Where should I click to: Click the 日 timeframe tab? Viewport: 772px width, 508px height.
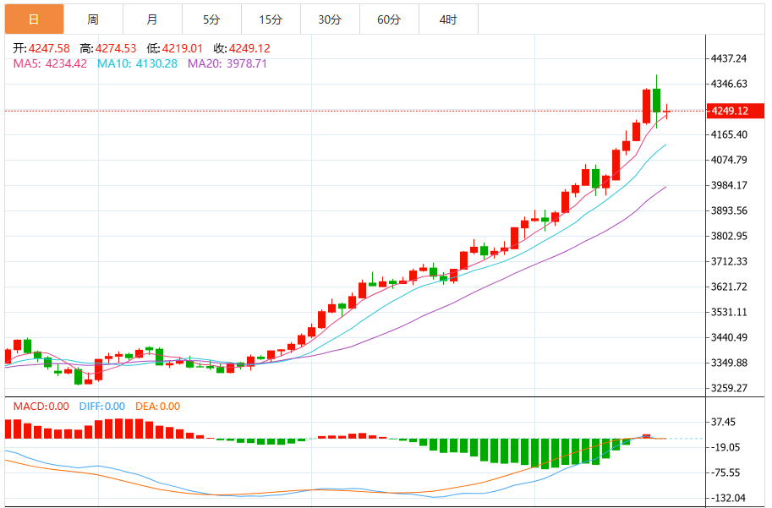click(34, 19)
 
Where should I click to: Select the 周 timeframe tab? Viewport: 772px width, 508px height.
click(93, 19)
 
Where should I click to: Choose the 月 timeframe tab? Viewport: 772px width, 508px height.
click(152, 19)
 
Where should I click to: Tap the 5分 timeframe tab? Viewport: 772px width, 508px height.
click(211, 19)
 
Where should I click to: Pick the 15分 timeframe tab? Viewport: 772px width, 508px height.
click(271, 19)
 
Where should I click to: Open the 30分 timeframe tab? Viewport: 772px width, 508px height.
click(330, 19)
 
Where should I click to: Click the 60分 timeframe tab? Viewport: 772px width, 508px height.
click(389, 19)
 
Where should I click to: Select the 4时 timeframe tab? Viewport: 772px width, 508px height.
click(448, 19)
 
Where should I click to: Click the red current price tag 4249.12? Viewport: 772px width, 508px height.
click(730, 111)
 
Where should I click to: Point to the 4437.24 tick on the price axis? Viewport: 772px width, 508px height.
click(729, 58)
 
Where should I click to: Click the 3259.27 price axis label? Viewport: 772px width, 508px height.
click(729, 389)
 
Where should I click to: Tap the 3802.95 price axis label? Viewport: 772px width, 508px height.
click(729, 236)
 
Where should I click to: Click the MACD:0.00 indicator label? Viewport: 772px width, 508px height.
click(41, 407)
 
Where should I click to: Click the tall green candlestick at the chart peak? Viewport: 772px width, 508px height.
click(656, 101)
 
